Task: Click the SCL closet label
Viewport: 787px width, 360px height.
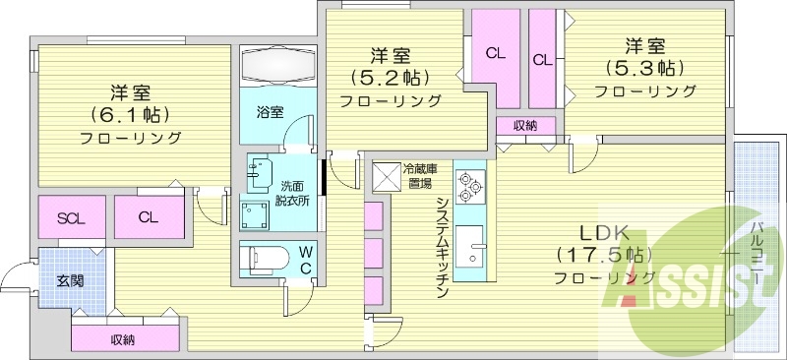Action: (70, 217)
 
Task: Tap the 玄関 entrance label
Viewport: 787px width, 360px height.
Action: (70, 280)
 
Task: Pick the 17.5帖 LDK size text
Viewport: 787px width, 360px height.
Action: (603, 255)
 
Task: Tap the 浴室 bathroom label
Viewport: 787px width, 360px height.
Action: (271, 111)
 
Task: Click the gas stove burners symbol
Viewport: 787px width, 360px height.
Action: (468, 183)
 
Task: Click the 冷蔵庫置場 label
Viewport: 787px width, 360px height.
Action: (421, 176)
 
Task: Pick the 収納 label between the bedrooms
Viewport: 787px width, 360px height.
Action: (524, 125)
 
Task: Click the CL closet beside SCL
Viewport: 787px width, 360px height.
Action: (149, 217)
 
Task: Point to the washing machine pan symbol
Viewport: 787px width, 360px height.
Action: (259, 214)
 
